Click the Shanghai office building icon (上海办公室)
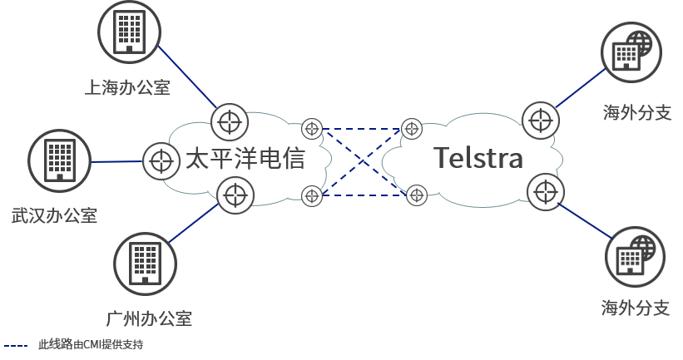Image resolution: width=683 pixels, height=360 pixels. (130, 32)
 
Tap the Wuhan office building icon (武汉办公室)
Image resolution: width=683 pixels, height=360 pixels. (60, 160)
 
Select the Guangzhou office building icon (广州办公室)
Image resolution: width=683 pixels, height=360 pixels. (145, 264)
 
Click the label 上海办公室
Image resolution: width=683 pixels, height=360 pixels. (127, 87)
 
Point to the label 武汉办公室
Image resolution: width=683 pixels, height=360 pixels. (54, 215)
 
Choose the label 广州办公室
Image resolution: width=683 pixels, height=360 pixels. (149, 318)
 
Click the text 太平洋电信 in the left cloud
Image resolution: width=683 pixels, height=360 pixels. (245, 158)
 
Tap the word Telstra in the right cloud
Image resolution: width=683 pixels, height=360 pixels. (478, 157)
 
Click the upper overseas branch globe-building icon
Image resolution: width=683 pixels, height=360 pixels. (631, 52)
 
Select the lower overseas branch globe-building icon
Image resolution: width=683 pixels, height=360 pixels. (635, 257)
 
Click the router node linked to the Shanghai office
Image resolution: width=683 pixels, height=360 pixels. (230, 122)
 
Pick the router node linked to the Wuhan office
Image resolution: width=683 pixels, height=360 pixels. (161, 161)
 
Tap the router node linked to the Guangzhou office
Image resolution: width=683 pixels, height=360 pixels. (235, 195)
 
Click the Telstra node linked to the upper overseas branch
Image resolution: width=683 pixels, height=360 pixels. (541, 120)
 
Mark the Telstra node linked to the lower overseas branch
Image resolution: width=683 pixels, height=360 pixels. (546, 192)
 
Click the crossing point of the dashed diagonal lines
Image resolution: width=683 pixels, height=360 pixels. (363, 162)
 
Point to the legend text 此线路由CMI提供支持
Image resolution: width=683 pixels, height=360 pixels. (91, 345)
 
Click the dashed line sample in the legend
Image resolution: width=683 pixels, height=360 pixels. (16, 346)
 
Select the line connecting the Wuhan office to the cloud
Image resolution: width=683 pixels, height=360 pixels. (117, 161)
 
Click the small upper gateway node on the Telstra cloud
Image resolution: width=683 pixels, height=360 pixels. (412, 129)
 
